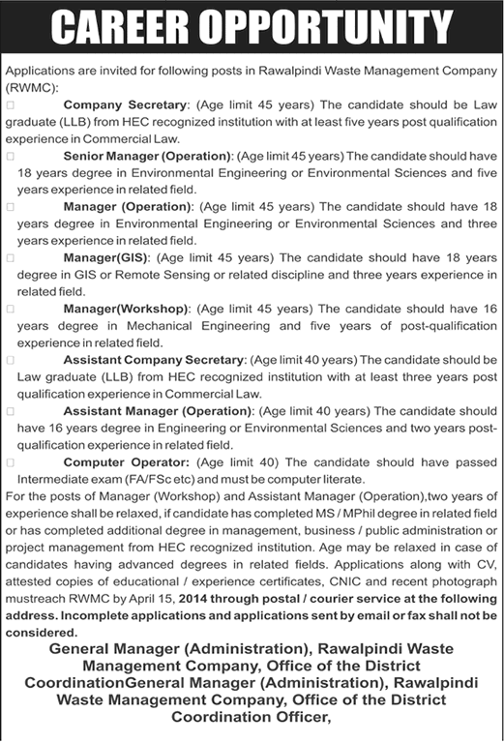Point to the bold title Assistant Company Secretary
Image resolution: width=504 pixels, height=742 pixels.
(155, 360)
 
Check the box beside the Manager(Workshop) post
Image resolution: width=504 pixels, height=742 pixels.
(10, 310)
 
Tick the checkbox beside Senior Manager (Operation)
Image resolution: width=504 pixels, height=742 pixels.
(10, 155)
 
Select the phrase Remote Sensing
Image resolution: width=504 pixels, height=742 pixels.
(164, 275)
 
